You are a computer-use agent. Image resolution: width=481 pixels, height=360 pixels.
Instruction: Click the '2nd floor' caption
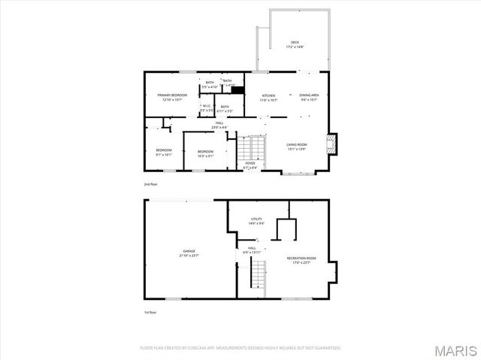coord(151,183)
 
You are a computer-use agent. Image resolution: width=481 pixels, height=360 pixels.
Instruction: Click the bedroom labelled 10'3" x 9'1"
coord(205,154)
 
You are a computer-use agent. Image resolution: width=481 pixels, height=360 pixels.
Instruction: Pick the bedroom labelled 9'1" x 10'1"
coord(164,153)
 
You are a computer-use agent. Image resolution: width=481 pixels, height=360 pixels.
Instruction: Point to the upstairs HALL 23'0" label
coord(219,125)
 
